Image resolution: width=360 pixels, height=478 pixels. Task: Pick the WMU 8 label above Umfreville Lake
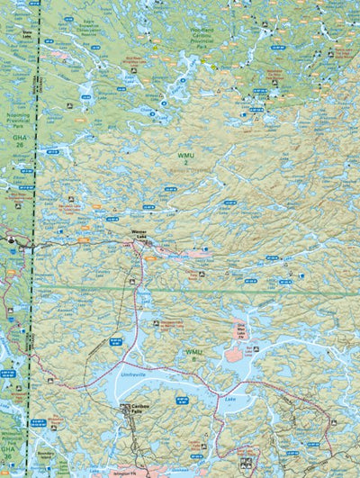(x=193, y=354)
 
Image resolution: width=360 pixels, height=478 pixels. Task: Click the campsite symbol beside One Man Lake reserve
(x=257, y=347)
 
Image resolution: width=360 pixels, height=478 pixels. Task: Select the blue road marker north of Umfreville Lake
(x=115, y=340)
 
